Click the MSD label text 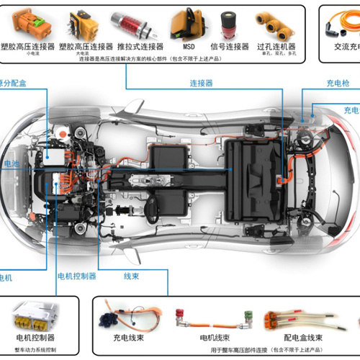188,46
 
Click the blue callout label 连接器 201,83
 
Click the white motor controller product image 35,317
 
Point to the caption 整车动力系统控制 35,349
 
